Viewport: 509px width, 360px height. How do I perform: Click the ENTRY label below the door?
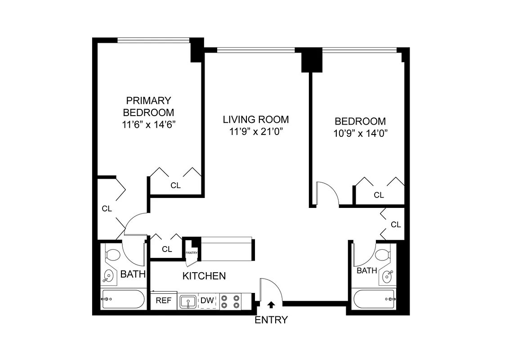coord(271,320)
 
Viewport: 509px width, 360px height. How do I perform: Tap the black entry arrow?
coord(271,305)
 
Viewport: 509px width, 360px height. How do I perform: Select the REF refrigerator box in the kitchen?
coord(164,301)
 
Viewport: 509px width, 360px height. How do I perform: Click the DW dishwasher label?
coord(207,301)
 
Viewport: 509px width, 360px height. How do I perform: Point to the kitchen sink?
coord(187,301)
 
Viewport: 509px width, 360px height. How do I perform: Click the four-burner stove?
coord(230,301)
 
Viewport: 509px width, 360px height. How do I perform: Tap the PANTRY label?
coord(192,253)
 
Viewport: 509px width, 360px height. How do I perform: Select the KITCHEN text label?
coord(204,276)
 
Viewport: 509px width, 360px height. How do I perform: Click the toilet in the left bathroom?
coord(112,255)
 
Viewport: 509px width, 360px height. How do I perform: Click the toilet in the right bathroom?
coord(383,255)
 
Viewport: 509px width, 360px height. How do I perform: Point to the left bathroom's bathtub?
coord(123,299)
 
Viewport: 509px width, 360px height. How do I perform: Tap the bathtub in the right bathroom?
coord(374,299)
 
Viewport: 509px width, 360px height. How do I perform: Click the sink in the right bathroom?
coord(387,277)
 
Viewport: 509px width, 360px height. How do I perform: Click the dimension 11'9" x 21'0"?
coord(256,131)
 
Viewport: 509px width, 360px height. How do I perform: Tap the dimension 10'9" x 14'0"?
coord(360,133)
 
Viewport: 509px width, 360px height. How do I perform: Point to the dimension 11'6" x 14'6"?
coord(149,124)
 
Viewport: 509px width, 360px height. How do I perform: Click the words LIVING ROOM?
coord(256,120)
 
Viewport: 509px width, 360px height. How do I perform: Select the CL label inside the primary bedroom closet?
coord(175,185)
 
